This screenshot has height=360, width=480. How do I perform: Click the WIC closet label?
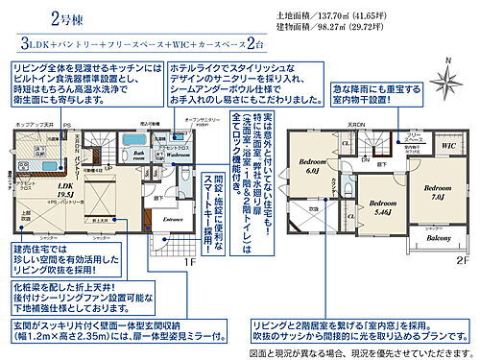(x=445, y=145)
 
